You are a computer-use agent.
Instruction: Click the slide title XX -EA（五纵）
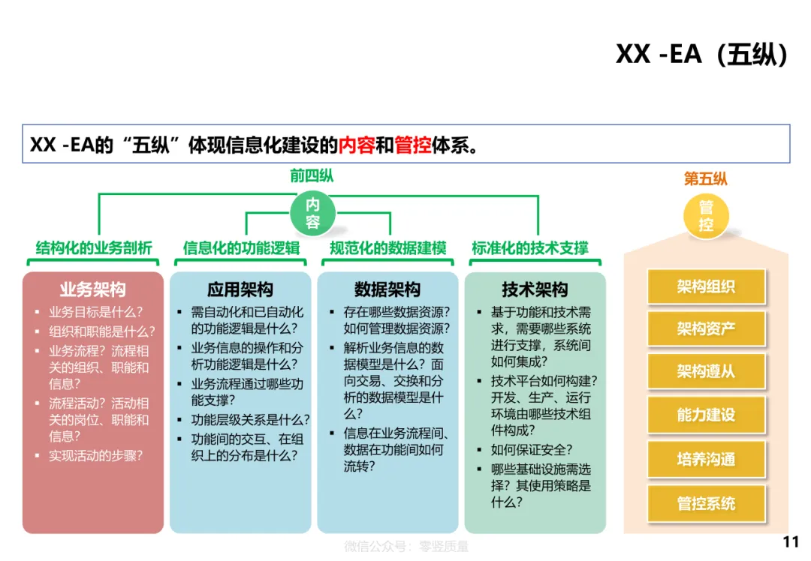701,54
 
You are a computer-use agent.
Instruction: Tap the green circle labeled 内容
312,213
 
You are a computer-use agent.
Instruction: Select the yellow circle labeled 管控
706,216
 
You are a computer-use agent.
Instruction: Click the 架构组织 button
706,286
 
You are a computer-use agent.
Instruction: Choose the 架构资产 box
706,328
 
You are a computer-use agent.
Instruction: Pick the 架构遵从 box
706,371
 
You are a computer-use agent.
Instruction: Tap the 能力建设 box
706,415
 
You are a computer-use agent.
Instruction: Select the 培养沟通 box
706,459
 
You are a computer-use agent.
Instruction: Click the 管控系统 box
706,503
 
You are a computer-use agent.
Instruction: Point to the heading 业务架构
93,289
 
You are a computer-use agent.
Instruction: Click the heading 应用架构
240,289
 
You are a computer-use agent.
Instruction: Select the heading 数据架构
387,289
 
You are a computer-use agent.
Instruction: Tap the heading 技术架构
535,289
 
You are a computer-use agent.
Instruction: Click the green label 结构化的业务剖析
94,248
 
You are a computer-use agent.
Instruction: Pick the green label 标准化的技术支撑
530,248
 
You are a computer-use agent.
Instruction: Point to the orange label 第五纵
705,178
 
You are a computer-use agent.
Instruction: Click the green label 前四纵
312,176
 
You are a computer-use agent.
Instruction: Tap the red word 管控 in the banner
413,145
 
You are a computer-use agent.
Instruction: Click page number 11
791,542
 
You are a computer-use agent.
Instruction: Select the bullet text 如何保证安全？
532,450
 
